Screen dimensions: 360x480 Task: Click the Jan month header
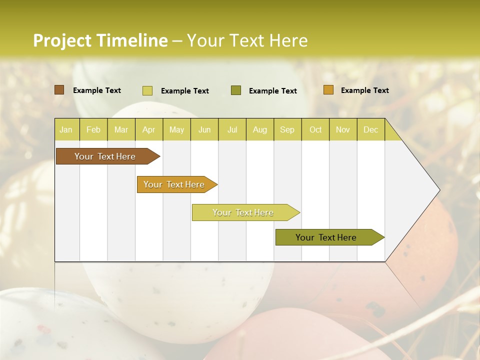[x=66, y=129]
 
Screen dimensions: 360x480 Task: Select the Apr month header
[x=148, y=129]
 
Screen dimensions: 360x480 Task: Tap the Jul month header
[x=232, y=129]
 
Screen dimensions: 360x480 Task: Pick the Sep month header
[x=287, y=129]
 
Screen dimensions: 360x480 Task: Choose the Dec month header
[x=370, y=129]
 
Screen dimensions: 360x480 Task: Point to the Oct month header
[x=315, y=129]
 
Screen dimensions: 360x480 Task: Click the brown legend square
[x=59, y=90]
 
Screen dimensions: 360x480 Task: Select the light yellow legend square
[x=147, y=90]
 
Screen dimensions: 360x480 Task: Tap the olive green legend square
[x=236, y=90]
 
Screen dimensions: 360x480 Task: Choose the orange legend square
[x=328, y=90]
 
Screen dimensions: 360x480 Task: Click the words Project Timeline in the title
[x=100, y=40]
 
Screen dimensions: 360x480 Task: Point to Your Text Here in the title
[x=247, y=40]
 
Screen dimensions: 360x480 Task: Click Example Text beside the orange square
[x=364, y=90]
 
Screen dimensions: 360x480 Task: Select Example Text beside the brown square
[x=97, y=90]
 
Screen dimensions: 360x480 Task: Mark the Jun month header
[x=204, y=129]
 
